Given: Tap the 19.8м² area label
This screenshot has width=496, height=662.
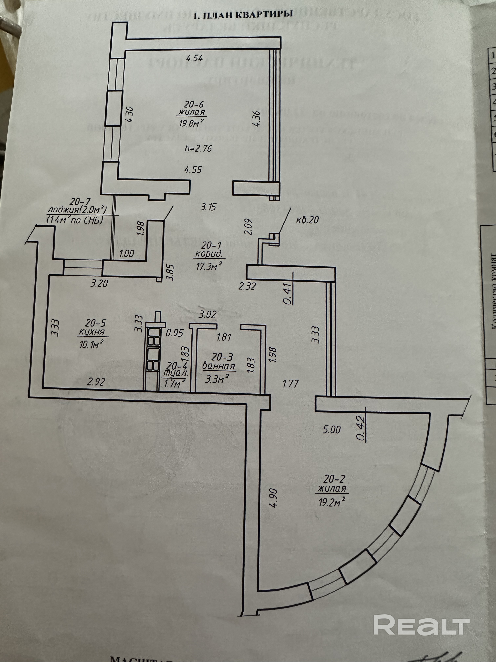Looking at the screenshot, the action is click(192, 123).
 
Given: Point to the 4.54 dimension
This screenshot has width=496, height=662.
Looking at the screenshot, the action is click(194, 58).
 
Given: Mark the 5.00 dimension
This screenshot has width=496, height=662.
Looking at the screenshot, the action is click(331, 430).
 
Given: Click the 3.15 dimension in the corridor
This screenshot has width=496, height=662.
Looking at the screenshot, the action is click(208, 207).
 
